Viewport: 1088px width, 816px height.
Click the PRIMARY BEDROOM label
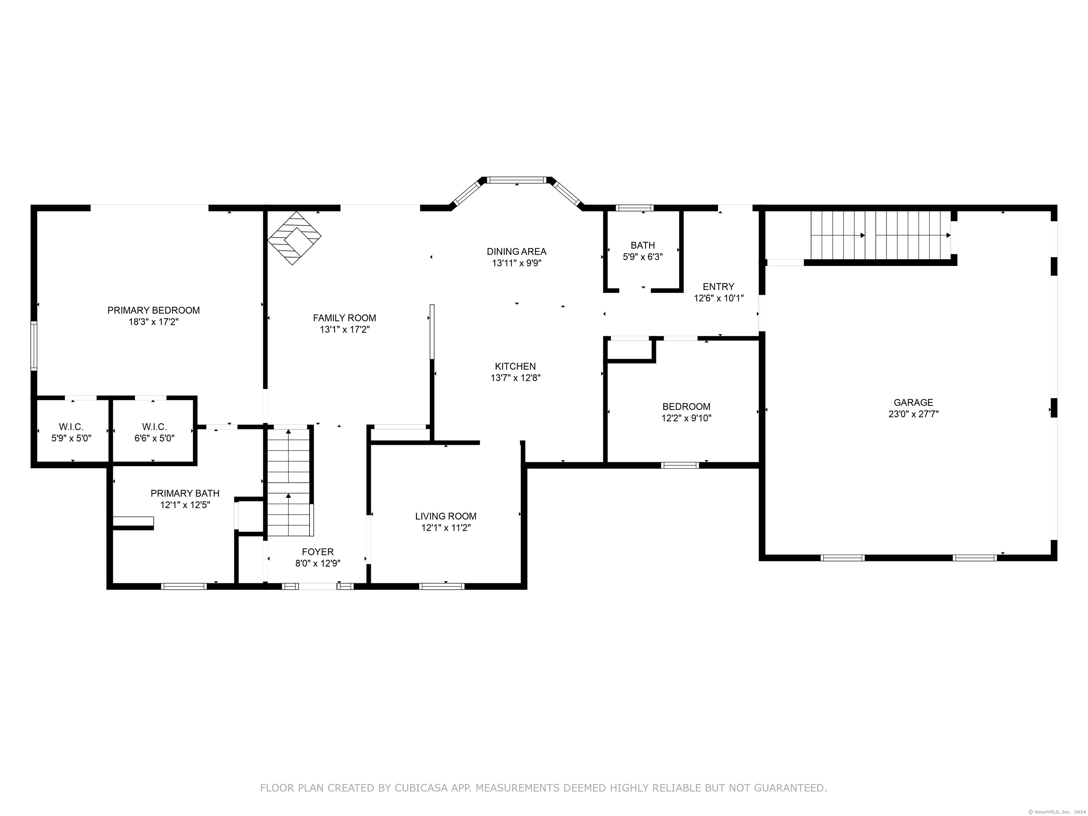(153, 310)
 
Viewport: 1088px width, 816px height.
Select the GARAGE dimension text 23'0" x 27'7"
(913, 414)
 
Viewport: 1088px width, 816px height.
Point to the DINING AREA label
(516, 251)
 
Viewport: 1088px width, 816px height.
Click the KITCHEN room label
(515, 367)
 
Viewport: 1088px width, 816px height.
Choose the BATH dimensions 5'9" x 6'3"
(643, 257)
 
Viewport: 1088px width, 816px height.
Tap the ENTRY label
(719, 287)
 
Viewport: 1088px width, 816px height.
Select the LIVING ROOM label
(446, 516)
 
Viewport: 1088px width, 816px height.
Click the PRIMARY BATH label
(185, 493)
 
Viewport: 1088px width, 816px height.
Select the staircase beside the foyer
(289, 482)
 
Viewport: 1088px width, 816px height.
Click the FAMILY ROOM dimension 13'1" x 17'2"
(345, 329)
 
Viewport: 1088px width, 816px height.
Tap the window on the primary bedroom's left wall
(33, 346)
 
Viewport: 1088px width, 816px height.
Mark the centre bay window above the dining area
(517, 180)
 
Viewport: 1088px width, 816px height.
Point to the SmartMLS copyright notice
(1058, 812)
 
